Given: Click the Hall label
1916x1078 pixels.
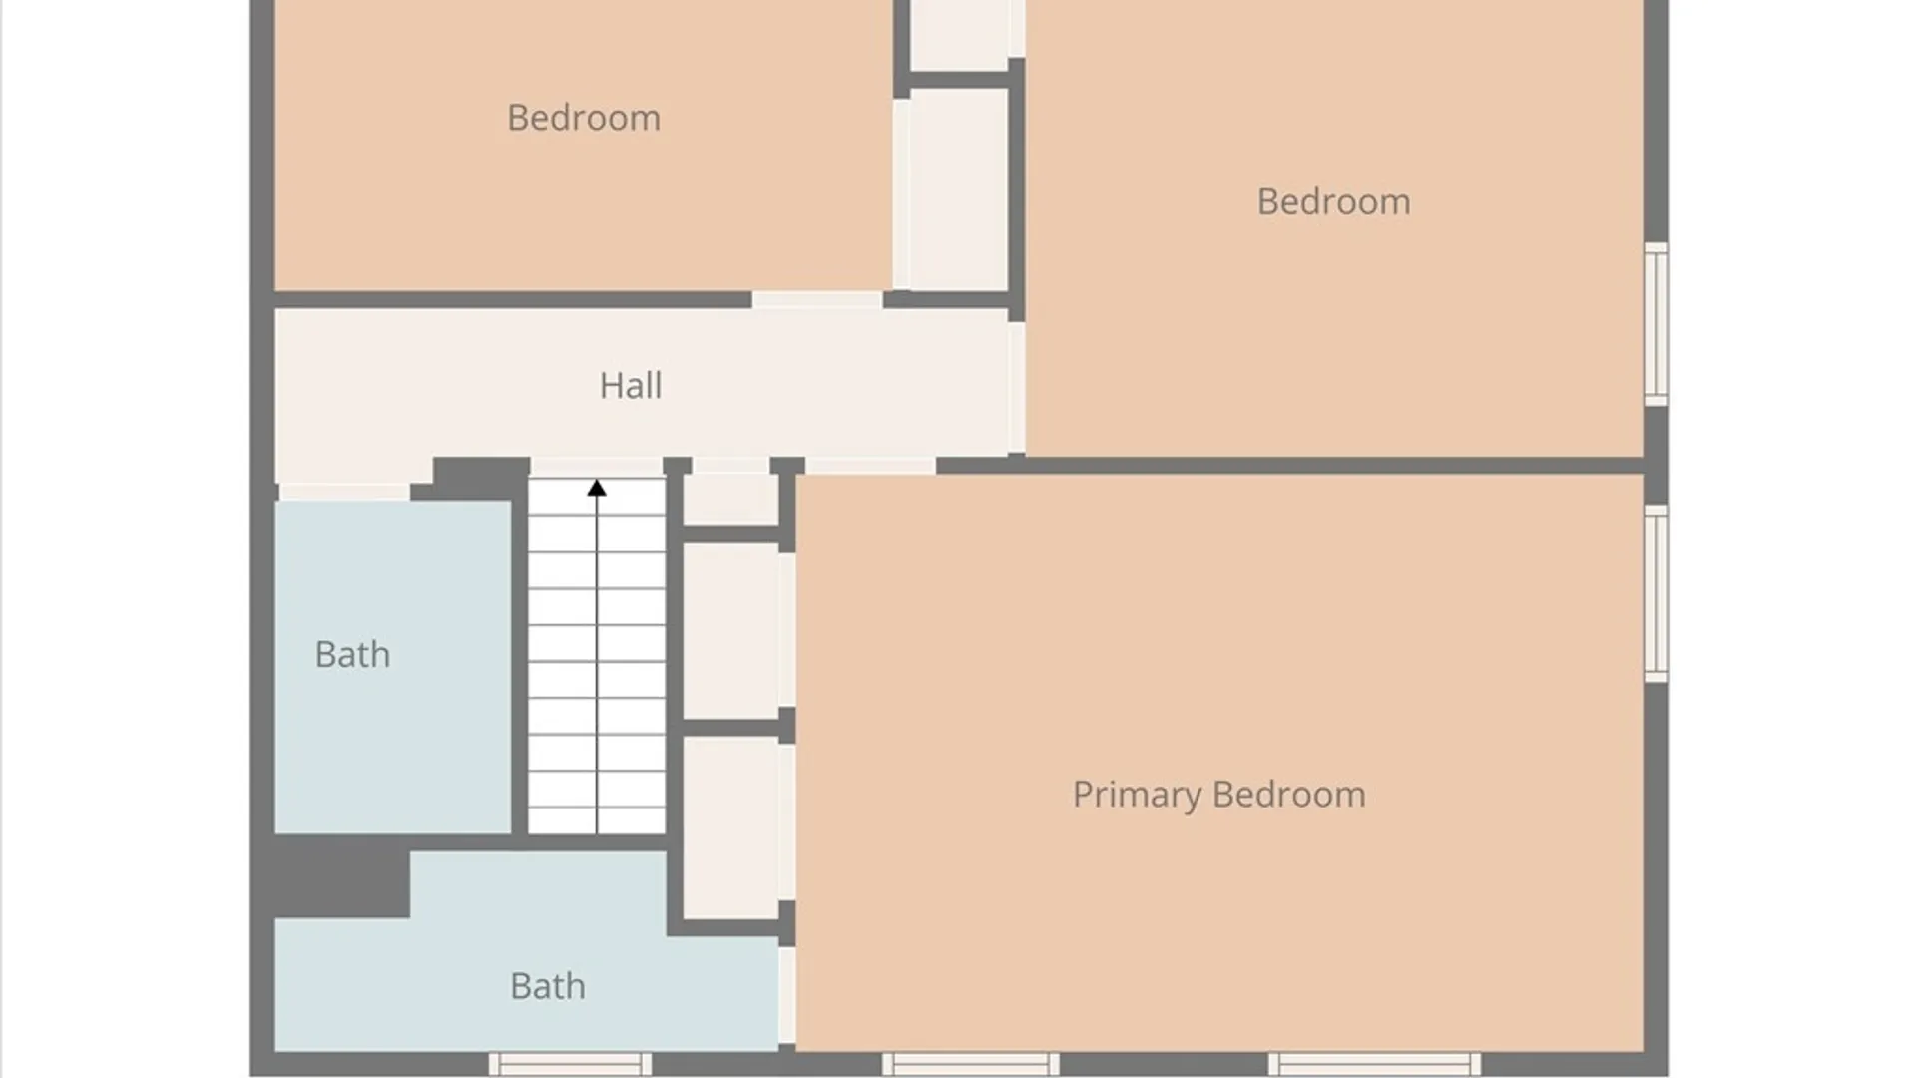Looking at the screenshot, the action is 630,386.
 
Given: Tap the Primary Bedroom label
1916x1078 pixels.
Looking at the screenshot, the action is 1218,795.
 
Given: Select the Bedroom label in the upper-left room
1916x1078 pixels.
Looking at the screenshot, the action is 584,118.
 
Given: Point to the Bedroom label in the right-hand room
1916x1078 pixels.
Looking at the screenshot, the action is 1333,202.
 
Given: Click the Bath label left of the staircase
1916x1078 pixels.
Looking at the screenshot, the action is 352,655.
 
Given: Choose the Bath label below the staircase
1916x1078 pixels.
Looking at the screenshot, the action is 547,987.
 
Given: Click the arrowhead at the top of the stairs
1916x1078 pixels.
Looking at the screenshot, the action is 597,488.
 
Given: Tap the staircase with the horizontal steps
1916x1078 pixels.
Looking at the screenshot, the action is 597,656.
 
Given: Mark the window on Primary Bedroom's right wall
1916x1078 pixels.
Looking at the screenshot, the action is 1656,594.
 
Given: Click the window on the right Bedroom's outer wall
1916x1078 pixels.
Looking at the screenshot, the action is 1656,323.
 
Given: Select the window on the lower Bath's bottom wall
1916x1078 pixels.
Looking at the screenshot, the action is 570,1064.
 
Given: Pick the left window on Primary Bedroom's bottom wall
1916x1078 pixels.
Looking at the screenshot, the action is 970,1064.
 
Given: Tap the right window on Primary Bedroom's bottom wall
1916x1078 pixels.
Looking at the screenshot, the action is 1374,1064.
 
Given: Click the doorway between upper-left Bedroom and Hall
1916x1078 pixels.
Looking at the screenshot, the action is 817,300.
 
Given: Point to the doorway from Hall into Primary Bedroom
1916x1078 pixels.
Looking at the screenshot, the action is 870,466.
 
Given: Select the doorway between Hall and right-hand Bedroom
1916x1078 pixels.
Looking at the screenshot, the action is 1017,387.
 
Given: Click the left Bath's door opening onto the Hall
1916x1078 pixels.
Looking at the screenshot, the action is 344,492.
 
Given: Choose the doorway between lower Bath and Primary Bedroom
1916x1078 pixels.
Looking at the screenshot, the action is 787,995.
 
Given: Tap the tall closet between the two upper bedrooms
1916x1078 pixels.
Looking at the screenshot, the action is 959,190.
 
